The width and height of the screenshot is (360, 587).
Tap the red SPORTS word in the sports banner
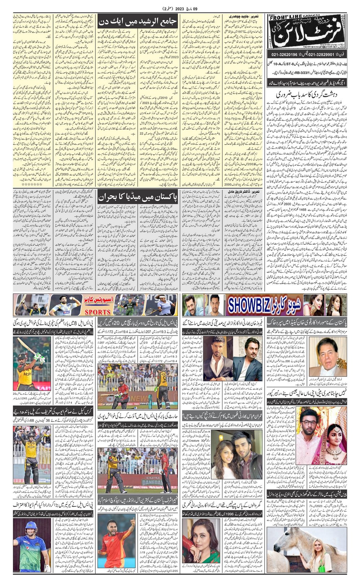click(x=97, y=312)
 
